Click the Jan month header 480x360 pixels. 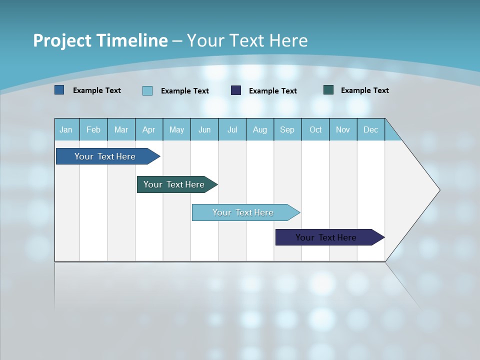pyautogui.click(x=66, y=129)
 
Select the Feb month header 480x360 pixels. pyautogui.click(x=93, y=129)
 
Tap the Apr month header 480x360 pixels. pyautogui.click(x=148, y=129)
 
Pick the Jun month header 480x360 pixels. pyautogui.click(x=204, y=129)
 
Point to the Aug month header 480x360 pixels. pyautogui.click(x=259, y=129)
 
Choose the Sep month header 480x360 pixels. pyautogui.click(x=287, y=129)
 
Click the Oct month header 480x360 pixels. pyautogui.click(x=315, y=129)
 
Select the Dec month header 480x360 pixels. pyautogui.click(x=370, y=129)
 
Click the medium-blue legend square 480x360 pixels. pyautogui.click(x=59, y=90)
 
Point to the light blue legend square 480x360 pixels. pyautogui.click(x=147, y=90)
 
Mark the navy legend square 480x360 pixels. pyautogui.click(x=236, y=90)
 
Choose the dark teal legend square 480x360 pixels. pyautogui.click(x=328, y=90)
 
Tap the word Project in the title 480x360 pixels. pyautogui.click(x=61, y=40)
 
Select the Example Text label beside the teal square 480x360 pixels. pyautogui.click(x=364, y=90)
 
